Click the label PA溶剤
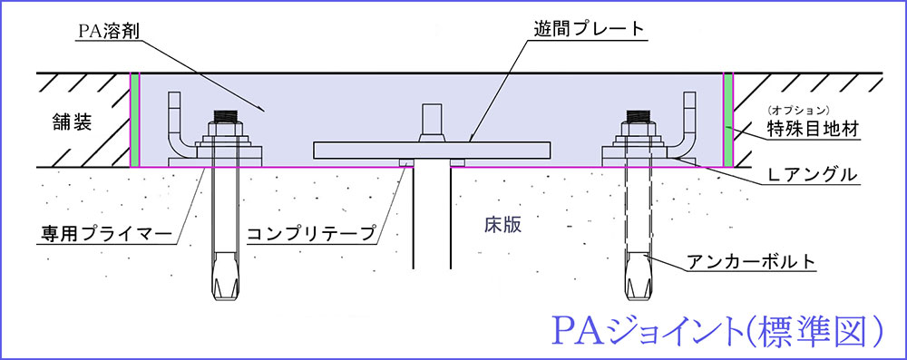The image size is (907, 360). coord(110,31)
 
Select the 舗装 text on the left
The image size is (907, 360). coord(69,124)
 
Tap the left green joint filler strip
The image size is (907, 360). coord(135,120)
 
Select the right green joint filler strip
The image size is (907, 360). coord(728,120)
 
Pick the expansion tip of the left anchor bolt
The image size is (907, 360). coord(223,281)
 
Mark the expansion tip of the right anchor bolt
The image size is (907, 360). coord(637,281)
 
